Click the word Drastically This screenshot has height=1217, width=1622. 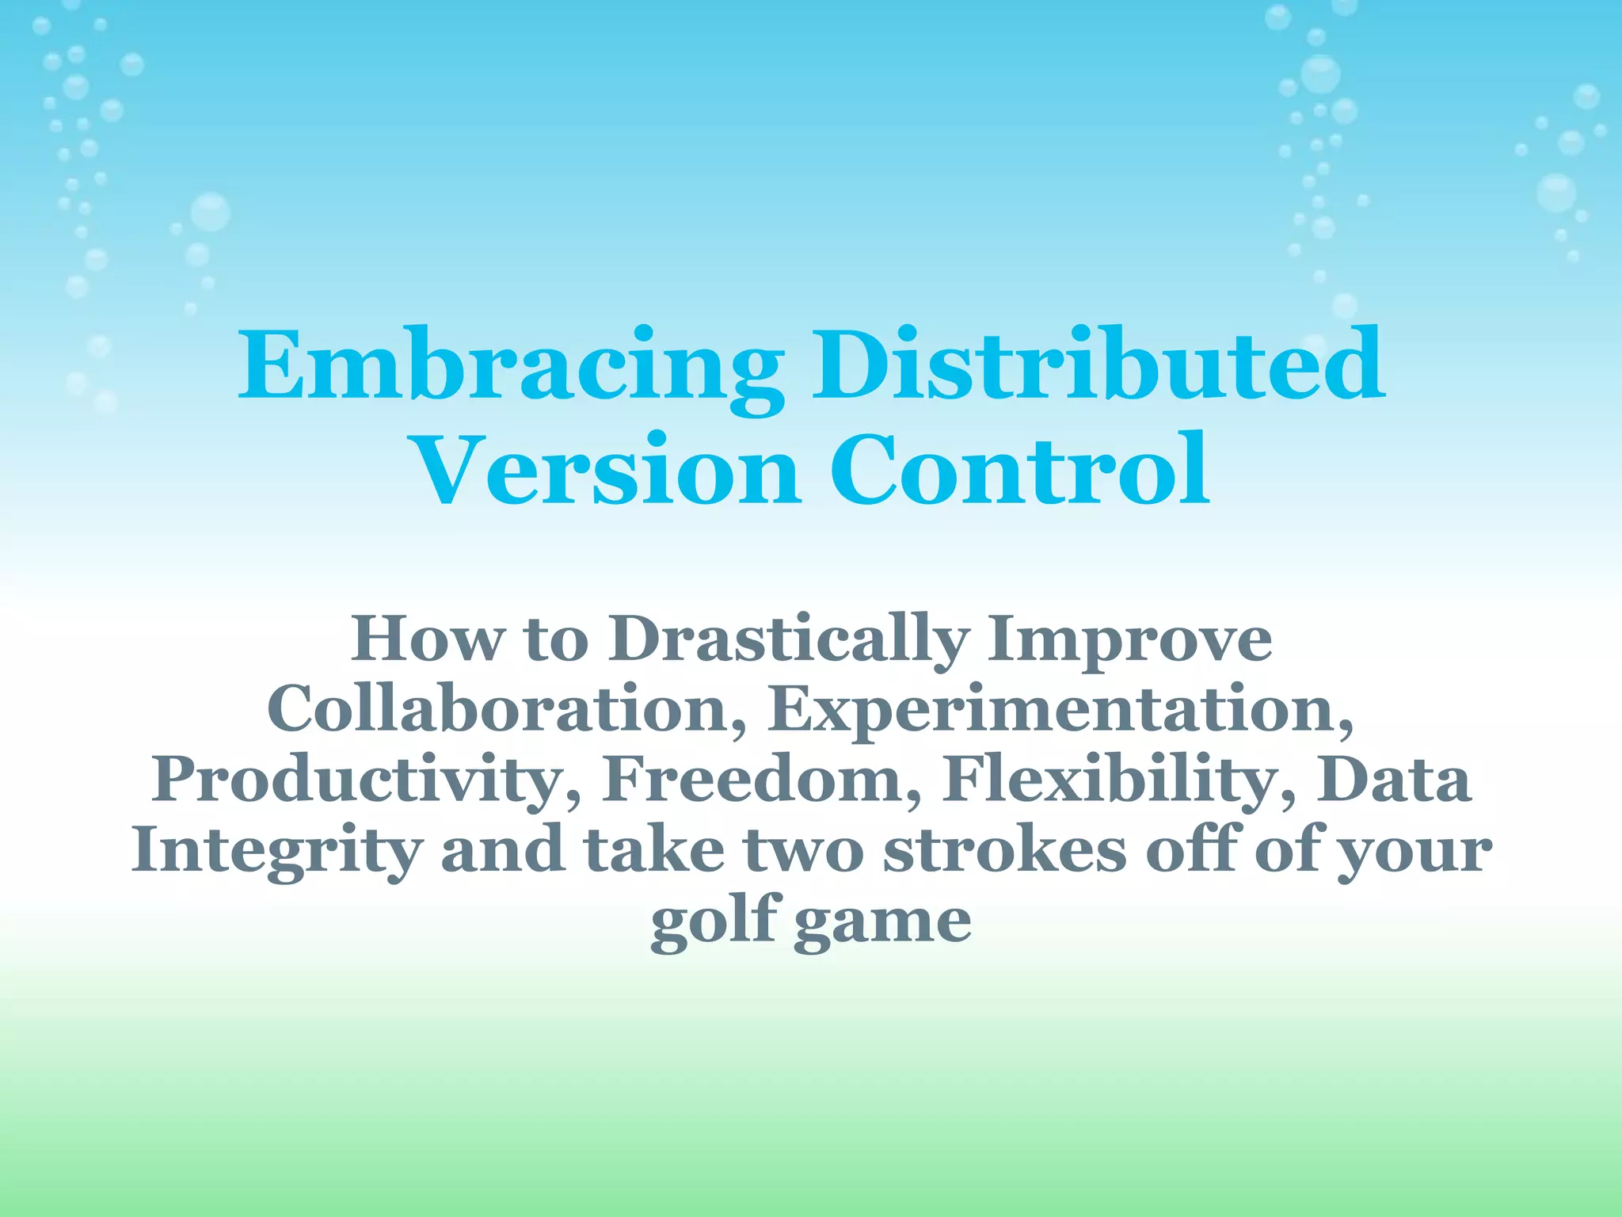pyautogui.click(x=789, y=640)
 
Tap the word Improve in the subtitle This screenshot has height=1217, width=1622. pyautogui.click(x=1129, y=640)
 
